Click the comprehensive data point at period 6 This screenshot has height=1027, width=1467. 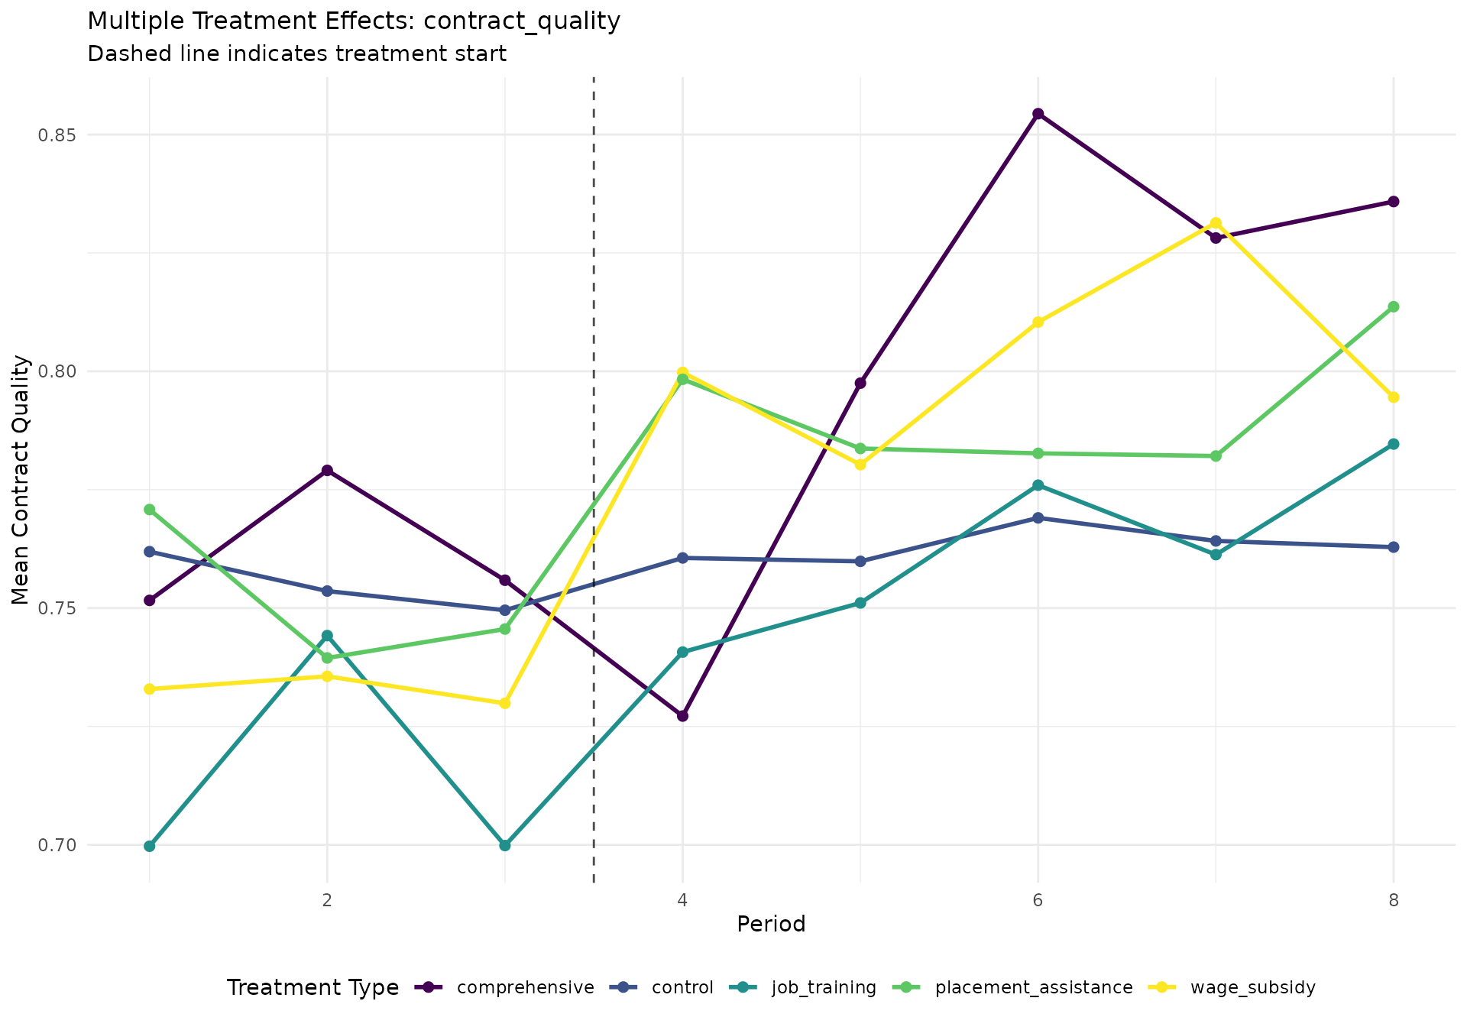point(1038,114)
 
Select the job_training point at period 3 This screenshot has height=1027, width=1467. point(505,845)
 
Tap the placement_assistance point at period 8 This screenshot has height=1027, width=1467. point(1393,307)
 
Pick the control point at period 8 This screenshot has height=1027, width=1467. point(1393,547)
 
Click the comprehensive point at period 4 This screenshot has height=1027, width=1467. point(682,716)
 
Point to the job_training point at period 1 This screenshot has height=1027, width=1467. point(150,846)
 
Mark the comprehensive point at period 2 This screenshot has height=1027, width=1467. point(327,471)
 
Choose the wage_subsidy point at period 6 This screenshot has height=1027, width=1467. point(1038,322)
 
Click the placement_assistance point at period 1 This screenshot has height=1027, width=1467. point(150,510)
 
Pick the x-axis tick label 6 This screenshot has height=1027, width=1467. point(1038,899)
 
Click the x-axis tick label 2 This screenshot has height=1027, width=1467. point(327,899)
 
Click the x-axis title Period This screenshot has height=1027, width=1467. point(771,925)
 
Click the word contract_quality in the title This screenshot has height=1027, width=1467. point(522,21)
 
